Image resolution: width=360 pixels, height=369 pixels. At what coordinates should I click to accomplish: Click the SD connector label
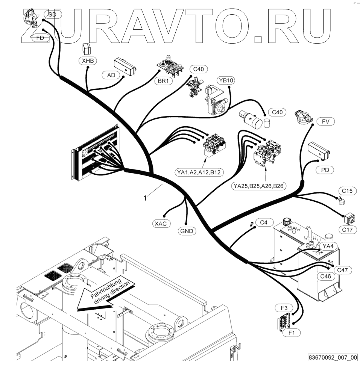pos(52,15)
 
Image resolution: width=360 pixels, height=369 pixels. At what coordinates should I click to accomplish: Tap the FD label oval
pos(40,38)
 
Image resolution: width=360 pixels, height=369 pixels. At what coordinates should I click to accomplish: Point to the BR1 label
pos(163,81)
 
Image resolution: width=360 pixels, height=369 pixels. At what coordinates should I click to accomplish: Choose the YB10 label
pos(226,81)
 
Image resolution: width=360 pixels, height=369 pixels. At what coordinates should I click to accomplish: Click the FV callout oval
pos(325,121)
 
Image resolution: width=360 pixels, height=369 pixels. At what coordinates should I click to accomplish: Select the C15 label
pos(347,191)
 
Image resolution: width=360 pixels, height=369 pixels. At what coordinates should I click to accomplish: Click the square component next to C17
pos(350,217)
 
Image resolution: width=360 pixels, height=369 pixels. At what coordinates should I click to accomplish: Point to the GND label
pos(186,231)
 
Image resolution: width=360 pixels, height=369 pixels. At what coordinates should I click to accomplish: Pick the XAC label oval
pos(162,224)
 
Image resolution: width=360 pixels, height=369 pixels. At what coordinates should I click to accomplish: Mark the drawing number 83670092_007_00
pos(332,357)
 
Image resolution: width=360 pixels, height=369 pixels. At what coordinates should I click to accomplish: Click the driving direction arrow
pos(105,297)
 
